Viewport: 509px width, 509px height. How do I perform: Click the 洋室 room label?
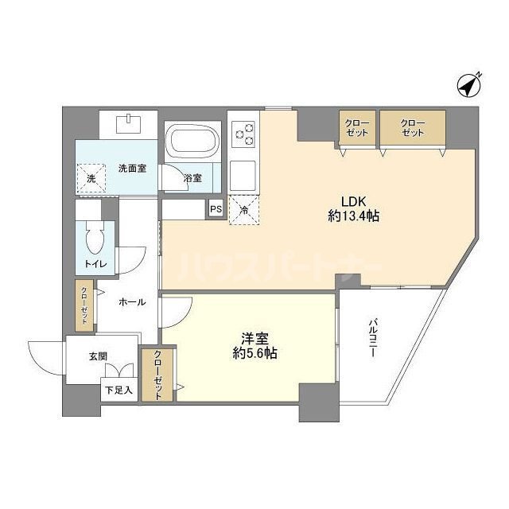pos(249,337)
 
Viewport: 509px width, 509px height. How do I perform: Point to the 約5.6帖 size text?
pos(249,355)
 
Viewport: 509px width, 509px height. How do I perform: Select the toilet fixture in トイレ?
pos(96,239)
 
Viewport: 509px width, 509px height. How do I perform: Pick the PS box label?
pos(216,210)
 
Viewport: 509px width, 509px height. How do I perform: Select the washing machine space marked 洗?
pos(91,179)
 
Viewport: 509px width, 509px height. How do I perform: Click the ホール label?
pos(132,302)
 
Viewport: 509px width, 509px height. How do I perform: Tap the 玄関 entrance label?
pos(98,357)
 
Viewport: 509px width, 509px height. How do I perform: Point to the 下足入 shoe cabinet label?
pos(119,390)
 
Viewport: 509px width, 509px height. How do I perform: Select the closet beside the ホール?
pos(84,306)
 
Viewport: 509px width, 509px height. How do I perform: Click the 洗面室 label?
pos(132,168)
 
